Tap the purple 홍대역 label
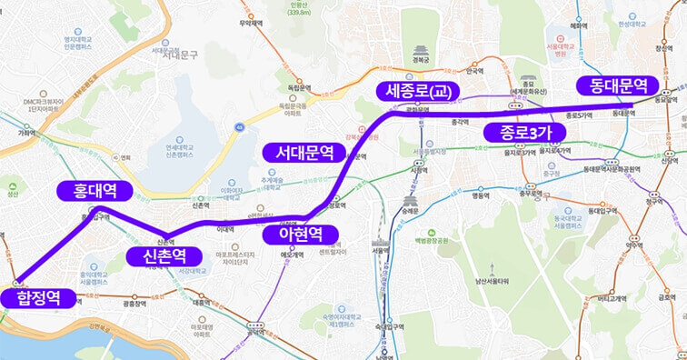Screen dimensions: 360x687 (93, 191)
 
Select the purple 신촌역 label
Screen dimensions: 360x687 (164, 256)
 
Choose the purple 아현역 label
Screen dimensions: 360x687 (300, 235)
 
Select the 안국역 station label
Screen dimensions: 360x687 (473, 71)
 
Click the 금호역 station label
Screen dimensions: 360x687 (666, 296)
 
